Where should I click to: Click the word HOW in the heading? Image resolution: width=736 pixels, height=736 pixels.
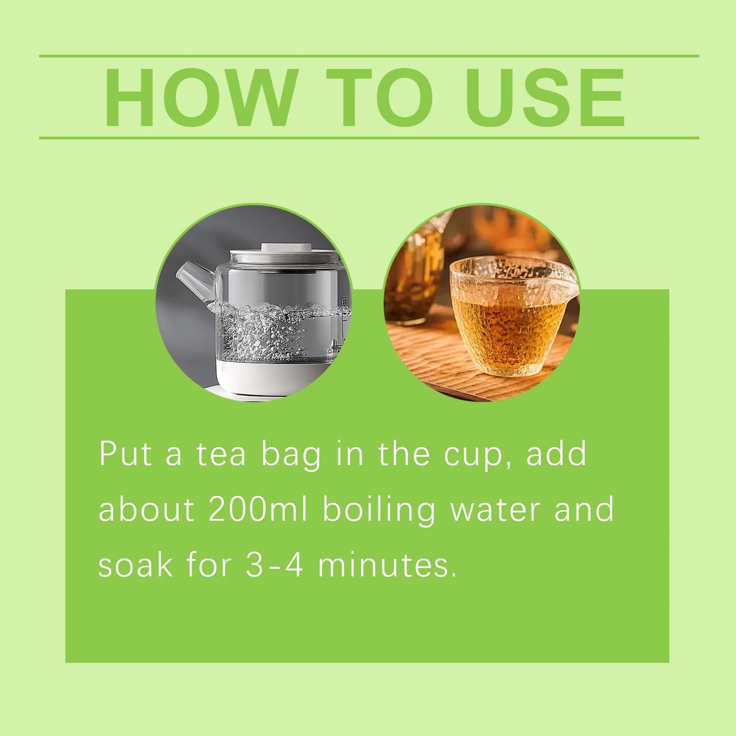(201, 97)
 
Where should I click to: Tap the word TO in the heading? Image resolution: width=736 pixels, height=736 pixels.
(379, 97)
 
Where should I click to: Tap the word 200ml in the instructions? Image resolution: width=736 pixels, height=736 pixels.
(258, 509)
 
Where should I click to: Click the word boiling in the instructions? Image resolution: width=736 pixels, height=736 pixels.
(379, 509)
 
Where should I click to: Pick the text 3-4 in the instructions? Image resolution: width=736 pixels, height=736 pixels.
(275, 565)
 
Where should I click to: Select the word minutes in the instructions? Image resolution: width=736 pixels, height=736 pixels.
(387, 565)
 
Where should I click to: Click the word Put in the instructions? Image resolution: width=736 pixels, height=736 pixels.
(125, 453)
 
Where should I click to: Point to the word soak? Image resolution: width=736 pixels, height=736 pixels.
(135, 565)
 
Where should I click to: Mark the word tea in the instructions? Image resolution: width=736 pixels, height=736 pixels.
(222, 453)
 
